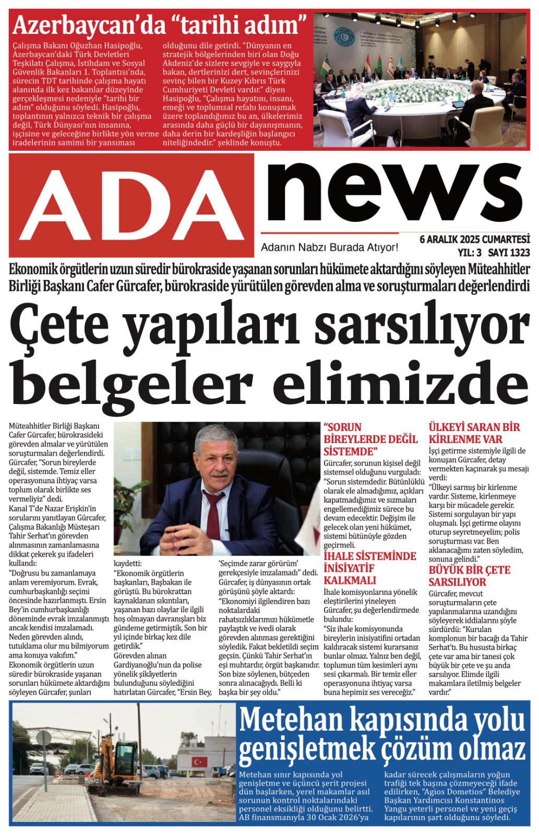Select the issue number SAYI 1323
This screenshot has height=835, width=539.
509,253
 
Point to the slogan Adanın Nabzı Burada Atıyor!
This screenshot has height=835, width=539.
329,247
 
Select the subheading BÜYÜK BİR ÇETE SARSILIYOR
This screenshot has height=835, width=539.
469,576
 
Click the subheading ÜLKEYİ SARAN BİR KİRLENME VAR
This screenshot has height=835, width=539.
473,433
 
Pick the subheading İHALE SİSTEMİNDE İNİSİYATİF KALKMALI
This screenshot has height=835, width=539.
369,568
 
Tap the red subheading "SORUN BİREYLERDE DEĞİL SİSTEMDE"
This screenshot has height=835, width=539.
370,439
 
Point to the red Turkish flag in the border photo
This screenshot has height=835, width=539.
198,761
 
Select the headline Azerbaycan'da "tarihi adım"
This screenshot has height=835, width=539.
159,25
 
